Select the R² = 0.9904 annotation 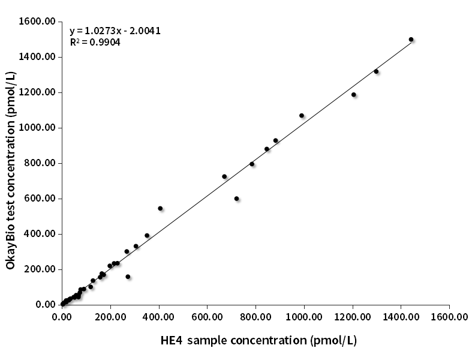pos(95,43)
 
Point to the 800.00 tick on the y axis pos(40,163)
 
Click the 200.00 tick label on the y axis pos(40,269)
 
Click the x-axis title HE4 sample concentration pos(258,341)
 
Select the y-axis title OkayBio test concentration pos(11,170)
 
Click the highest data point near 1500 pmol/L pos(411,40)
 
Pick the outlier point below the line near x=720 pos(236,199)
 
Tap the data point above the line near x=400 pos(160,208)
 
